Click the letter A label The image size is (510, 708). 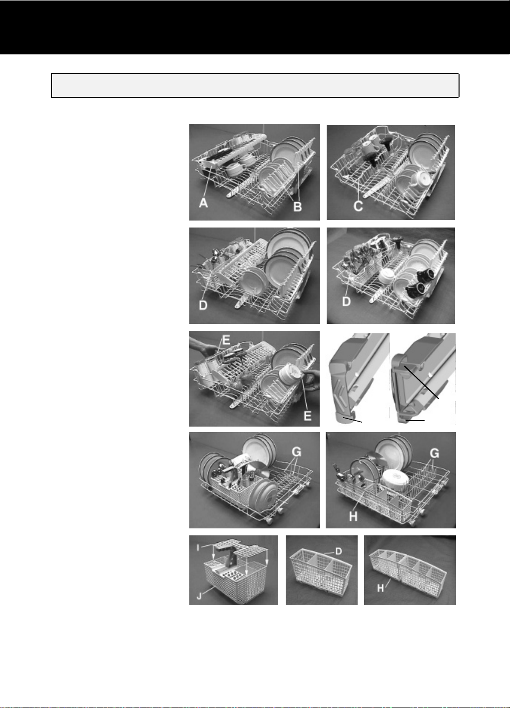coord(203,203)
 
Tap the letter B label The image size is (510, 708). coord(297,207)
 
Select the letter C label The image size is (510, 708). coord(358,206)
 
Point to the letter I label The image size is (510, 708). coord(198,548)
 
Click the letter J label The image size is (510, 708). coord(199,596)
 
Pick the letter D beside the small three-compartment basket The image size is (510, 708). coord(338,551)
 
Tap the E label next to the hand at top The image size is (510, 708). coord(226,340)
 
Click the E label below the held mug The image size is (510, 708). coord(308,416)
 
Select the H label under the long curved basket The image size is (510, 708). coord(380,588)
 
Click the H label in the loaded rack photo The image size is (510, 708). coord(353,516)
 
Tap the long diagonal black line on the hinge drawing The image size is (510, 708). coord(422,383)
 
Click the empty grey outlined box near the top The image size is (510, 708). coord(255,85)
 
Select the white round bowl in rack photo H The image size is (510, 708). coord(395,481)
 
